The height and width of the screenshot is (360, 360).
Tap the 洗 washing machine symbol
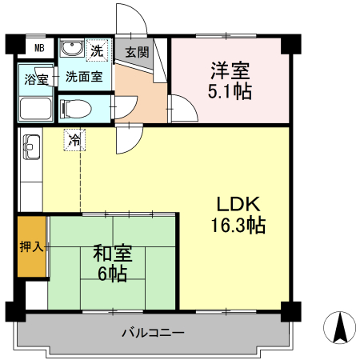coord(96,49)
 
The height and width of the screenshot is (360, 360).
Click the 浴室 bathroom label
coord(35,80)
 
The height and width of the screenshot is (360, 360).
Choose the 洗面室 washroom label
coord(83,78)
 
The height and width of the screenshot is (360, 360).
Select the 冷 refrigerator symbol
coord(74,141)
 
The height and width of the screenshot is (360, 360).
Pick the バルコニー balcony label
coord(154,332)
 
